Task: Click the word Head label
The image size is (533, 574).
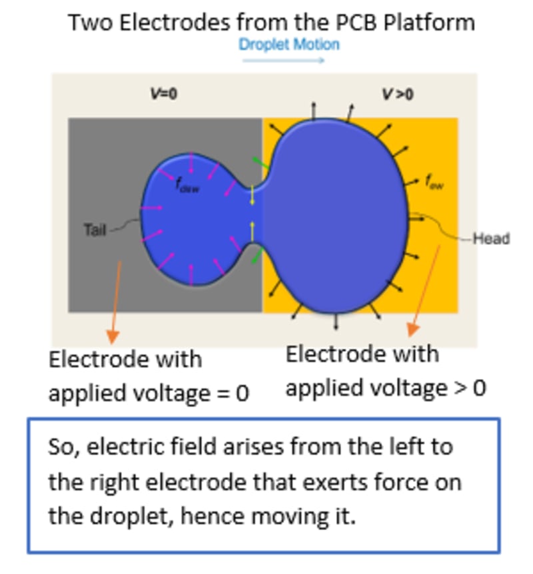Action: coord(491,238)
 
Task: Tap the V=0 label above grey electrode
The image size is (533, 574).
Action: coord(163,94)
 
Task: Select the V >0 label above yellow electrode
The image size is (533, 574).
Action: coord(397,94)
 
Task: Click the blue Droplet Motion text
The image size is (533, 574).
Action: coord(289,45)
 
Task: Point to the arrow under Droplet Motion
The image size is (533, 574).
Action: coord(283,61)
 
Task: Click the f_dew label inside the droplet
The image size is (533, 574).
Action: coord(188,186)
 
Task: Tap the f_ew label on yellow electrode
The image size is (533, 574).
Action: coord(434,180)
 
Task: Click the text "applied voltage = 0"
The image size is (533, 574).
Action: coord(149,394)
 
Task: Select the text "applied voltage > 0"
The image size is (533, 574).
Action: coord(386,387)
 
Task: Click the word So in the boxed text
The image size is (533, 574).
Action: coord(61,446)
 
